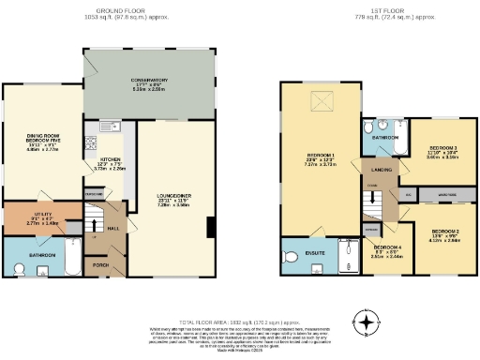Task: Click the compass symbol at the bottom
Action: tap(367, 323)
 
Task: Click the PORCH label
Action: tap(101, 263)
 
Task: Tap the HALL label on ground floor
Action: tap(112, 227)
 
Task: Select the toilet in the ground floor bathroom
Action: tap(21, 269)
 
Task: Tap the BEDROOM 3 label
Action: tap(442, 148)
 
